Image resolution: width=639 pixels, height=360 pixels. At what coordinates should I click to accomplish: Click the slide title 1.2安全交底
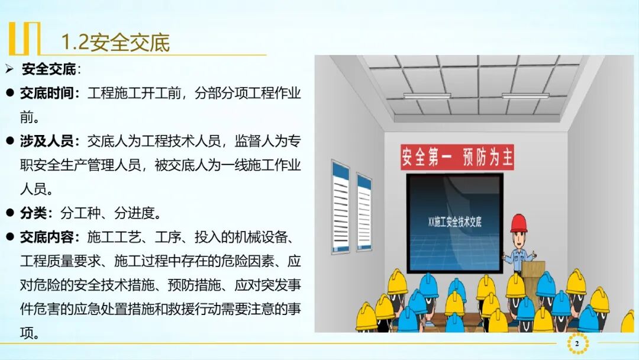[115, 42]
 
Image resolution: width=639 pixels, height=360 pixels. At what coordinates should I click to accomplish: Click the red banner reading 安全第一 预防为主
[457, 157]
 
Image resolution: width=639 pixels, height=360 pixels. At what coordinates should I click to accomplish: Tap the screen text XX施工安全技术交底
[454, 222]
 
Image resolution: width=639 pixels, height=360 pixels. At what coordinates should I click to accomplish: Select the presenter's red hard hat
[518, 223]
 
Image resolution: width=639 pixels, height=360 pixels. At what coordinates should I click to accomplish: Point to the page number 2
[577, 343]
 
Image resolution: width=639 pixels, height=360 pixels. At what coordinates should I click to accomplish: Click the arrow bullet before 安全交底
[9, 69]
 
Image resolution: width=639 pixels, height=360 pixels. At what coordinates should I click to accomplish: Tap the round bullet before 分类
[9, 213]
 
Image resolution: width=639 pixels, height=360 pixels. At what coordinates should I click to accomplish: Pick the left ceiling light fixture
[427, 95]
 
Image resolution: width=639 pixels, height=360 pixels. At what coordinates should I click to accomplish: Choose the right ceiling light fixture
[525, 95]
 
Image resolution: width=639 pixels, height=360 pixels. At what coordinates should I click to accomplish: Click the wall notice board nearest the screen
[363, 204]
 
